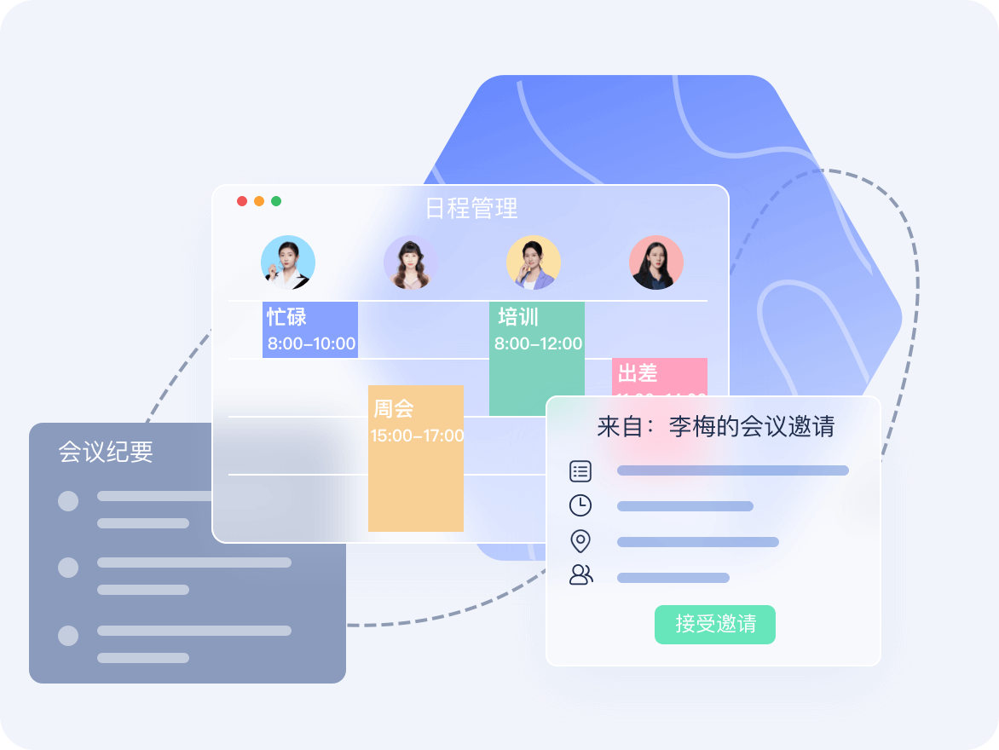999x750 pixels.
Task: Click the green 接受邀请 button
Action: click(x=714, y=624)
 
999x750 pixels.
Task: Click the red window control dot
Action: click(x=242, y=201)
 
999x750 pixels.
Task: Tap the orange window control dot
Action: click(x=259, y=201)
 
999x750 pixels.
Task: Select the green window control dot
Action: click(x=276, y=201)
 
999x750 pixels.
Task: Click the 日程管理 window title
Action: click(x=471, y=208)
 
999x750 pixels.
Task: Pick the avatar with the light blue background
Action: click(x=288, y=262)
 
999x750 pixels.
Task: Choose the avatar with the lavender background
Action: click(x=411, y=262)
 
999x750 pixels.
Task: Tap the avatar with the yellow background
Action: click(x=534, y=262)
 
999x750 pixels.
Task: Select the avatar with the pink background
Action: click(x=656, y=262)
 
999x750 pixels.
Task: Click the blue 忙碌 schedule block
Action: click(x=310, y=330)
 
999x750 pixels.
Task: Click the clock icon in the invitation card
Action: click(x=580, y=505)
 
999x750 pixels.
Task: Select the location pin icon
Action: click(x=580, y=541)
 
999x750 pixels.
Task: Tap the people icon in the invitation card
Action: click(x=580, y=574)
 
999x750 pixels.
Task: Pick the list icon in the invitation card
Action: click(x=580, y=470)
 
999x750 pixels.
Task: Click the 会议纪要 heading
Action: click(x=106, y=452)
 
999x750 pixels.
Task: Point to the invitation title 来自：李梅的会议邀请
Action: click(x=715, y=426)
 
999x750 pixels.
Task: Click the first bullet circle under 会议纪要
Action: click(x=68, y=501)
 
